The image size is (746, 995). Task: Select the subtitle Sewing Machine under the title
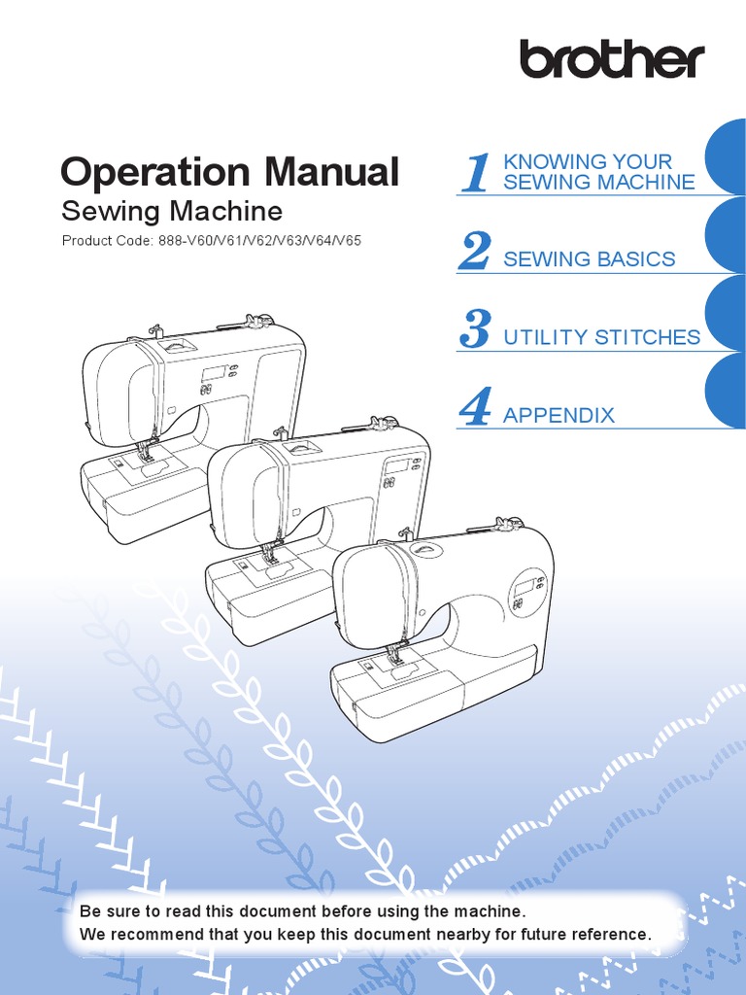click(x=172, y=211)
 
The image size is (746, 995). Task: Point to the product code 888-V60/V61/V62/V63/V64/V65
click(x=258, y=240)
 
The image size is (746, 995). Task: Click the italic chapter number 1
click(x=475, y=173)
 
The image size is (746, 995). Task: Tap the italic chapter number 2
click(x=475, y=252)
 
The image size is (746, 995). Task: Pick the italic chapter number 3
click(x=475, y=329)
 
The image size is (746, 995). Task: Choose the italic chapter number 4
click(x=475, y=407)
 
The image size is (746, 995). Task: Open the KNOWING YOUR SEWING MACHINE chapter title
click(x=598, y=172)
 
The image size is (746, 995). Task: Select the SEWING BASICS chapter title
click(x=589, y=259)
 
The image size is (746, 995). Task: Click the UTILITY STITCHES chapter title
click(x=601, y=337)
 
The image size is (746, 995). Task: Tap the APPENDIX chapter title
click(x=559, y=415)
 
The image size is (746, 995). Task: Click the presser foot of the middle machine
click(x=268, y=557)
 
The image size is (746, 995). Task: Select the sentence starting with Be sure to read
click(x=302, y=911)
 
